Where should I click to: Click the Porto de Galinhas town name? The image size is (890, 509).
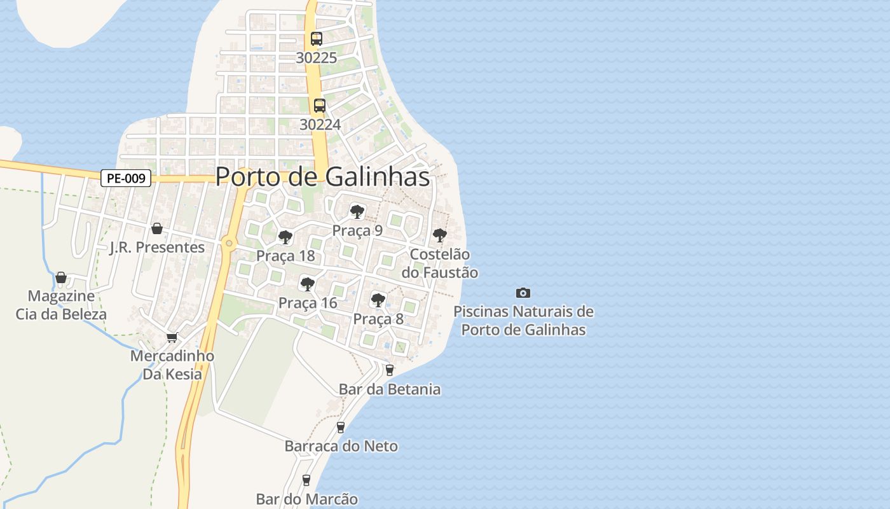pos(322,176)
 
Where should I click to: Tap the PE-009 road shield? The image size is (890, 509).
pos(126,178)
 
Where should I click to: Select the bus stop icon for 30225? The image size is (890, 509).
pos(317,38)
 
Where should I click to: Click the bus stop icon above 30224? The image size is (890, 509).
pos(320,106)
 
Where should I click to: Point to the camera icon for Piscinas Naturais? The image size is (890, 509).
pos(523,293)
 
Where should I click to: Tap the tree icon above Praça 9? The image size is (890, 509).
pos(357,211)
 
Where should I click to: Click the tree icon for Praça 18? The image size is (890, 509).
pos(285,237)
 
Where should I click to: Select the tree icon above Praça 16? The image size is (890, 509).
pos(308,284)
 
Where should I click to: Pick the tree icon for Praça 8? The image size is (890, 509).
pos(378,300)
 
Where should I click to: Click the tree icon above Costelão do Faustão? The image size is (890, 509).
pos(439,235)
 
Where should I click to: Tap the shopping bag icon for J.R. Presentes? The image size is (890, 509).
pos(157,228)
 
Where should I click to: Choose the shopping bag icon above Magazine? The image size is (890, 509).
pos(61,277)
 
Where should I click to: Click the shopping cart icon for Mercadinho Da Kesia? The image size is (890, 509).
pos(171,337)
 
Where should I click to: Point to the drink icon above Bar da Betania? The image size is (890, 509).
pos(390,370)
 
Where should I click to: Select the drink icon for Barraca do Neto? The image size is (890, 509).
pos(341,427)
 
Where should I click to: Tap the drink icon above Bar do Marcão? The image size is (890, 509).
pos(306,480)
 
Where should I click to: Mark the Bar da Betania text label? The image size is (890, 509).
pos(390,389)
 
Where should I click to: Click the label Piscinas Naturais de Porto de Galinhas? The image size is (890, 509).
pos(523,321)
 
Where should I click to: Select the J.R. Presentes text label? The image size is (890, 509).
pos(157,248)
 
